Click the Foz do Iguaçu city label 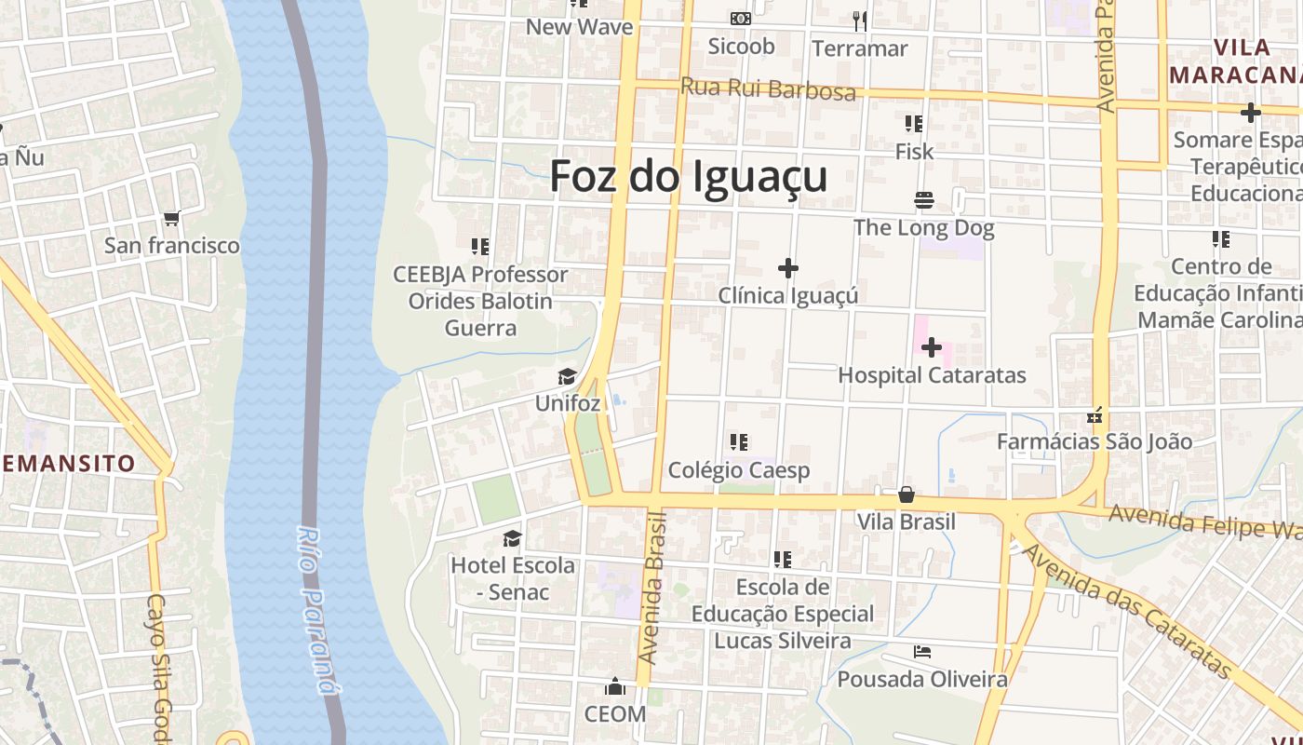pyautogui.click(x=689, y=176)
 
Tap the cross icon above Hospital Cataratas pyautogui.click(x=931, y=348)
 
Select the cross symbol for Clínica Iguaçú pyautogui.click(x=788, y=269)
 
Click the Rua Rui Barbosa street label pyautogui.click(x=768, y=89)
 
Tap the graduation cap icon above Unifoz pyautogui.click(x=567, y=377)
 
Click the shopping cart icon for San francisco pyautogui.click(x=171, y=220)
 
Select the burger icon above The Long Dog pyautogui.click(x=923, y=200)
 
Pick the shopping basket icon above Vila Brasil pyautogui.click(x=907, y=494)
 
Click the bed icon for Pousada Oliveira pyautogui.click(x=922, y=652)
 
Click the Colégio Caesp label pyautogui.click(x=739, y=470)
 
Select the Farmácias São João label pyautogui.click(x=1094, y=441)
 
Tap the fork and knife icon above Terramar pyautogui.click(x=860, y=20)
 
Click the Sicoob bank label pyautogui.click(x=741, y=46)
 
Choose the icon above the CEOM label pyautogui.click(x=614, y=687)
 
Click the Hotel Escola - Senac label pyautogui.click(x=512, y=578)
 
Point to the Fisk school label pyautogui.click(x=914, y=151)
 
